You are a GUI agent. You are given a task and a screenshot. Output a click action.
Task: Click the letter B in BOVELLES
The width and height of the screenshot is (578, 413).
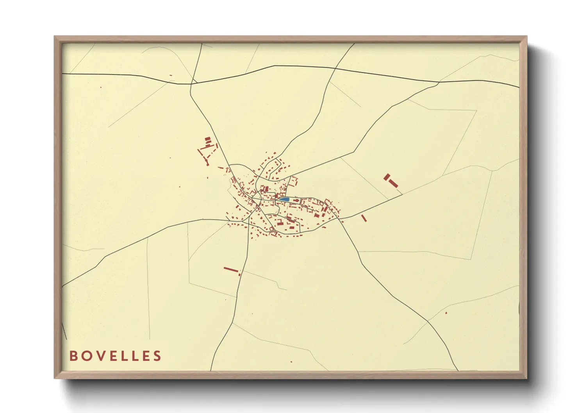tap(73, 356)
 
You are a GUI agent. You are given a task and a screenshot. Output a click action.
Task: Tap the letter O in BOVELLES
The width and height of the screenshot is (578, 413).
tap(86, 356)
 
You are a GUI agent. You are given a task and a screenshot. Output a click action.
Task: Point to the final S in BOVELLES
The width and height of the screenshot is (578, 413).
tap(157, 356)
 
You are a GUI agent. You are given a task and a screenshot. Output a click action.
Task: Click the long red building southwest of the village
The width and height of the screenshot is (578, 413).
tap(230, 269)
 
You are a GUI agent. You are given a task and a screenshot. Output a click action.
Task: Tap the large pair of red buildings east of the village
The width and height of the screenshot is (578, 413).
tap(391, 181)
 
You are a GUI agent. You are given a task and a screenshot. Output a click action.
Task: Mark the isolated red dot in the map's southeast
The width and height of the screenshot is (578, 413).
tap(446, 313)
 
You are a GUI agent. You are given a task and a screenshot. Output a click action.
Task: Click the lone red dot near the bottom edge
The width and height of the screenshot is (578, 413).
tap(291, 362)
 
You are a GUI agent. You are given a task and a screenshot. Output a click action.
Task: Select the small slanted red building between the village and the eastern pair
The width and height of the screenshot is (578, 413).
tap(364, 218)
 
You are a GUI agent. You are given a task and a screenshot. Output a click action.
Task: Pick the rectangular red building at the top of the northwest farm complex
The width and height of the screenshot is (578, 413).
tap(208, 139)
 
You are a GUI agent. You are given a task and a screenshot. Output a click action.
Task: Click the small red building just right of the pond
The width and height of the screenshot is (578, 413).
tap(296, 201)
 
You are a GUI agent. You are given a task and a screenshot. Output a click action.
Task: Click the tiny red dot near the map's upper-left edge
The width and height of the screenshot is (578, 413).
tap(101, 87)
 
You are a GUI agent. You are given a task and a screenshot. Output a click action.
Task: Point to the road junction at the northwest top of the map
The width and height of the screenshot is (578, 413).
tap(191, 84)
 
